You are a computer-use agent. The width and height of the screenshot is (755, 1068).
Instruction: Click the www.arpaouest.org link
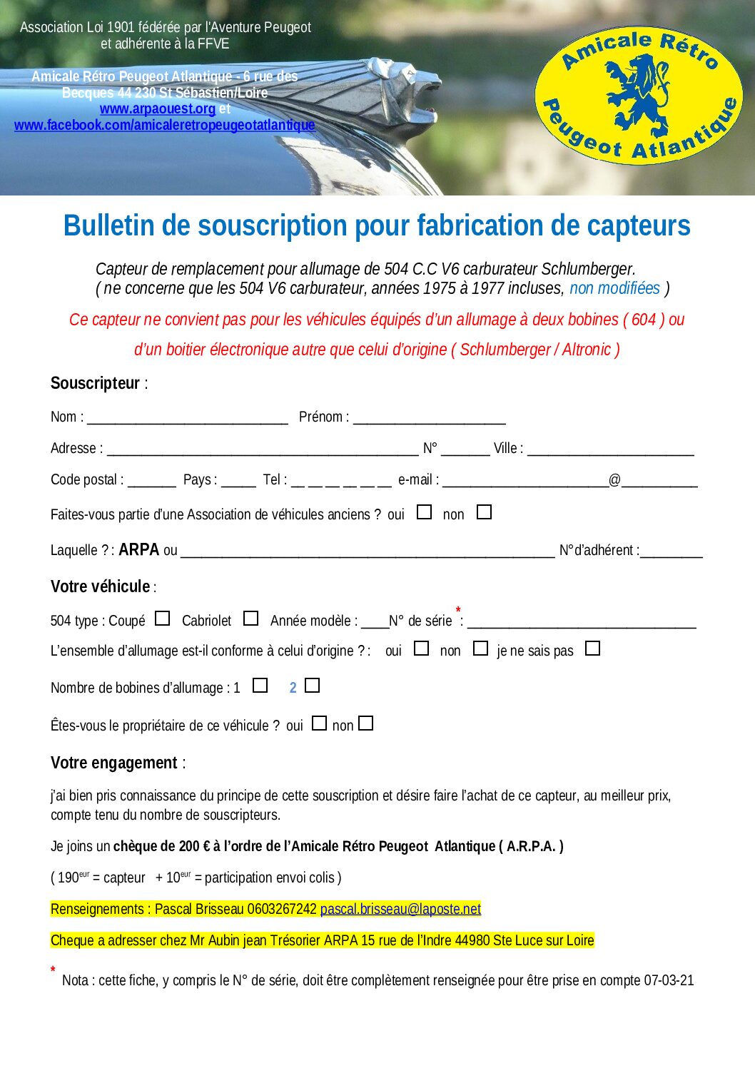(157, 109)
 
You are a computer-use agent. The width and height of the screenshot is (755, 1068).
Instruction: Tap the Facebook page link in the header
(164, 126)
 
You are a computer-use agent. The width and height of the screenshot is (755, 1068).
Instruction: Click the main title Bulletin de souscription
(377, 225)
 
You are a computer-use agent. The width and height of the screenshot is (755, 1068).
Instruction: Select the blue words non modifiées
(614, 288)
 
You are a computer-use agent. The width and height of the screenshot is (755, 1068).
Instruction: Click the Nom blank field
(187, 417)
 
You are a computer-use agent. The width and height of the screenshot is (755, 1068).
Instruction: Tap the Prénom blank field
(429, 417)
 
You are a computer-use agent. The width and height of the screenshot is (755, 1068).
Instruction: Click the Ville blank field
(610, 449)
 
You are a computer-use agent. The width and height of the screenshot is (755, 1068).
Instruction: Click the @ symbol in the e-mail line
(614, 480)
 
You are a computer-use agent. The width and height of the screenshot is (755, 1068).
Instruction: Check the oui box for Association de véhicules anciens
(425, 512)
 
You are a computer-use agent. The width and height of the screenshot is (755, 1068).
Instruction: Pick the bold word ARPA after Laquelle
(138, 550)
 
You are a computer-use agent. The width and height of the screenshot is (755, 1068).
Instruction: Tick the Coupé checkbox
(163, 619)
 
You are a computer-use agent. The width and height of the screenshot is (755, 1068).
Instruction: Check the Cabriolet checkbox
(250, 619)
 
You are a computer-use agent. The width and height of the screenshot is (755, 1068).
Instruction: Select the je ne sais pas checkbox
(592, 649)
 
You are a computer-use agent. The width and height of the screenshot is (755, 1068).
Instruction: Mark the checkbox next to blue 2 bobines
(312, 686)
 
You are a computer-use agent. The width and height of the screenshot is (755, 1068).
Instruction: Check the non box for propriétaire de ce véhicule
(366, 723)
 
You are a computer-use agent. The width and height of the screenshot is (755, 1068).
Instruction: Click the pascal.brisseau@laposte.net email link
(400, 909)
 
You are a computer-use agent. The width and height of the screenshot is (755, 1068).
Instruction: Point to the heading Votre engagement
(113, 763)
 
